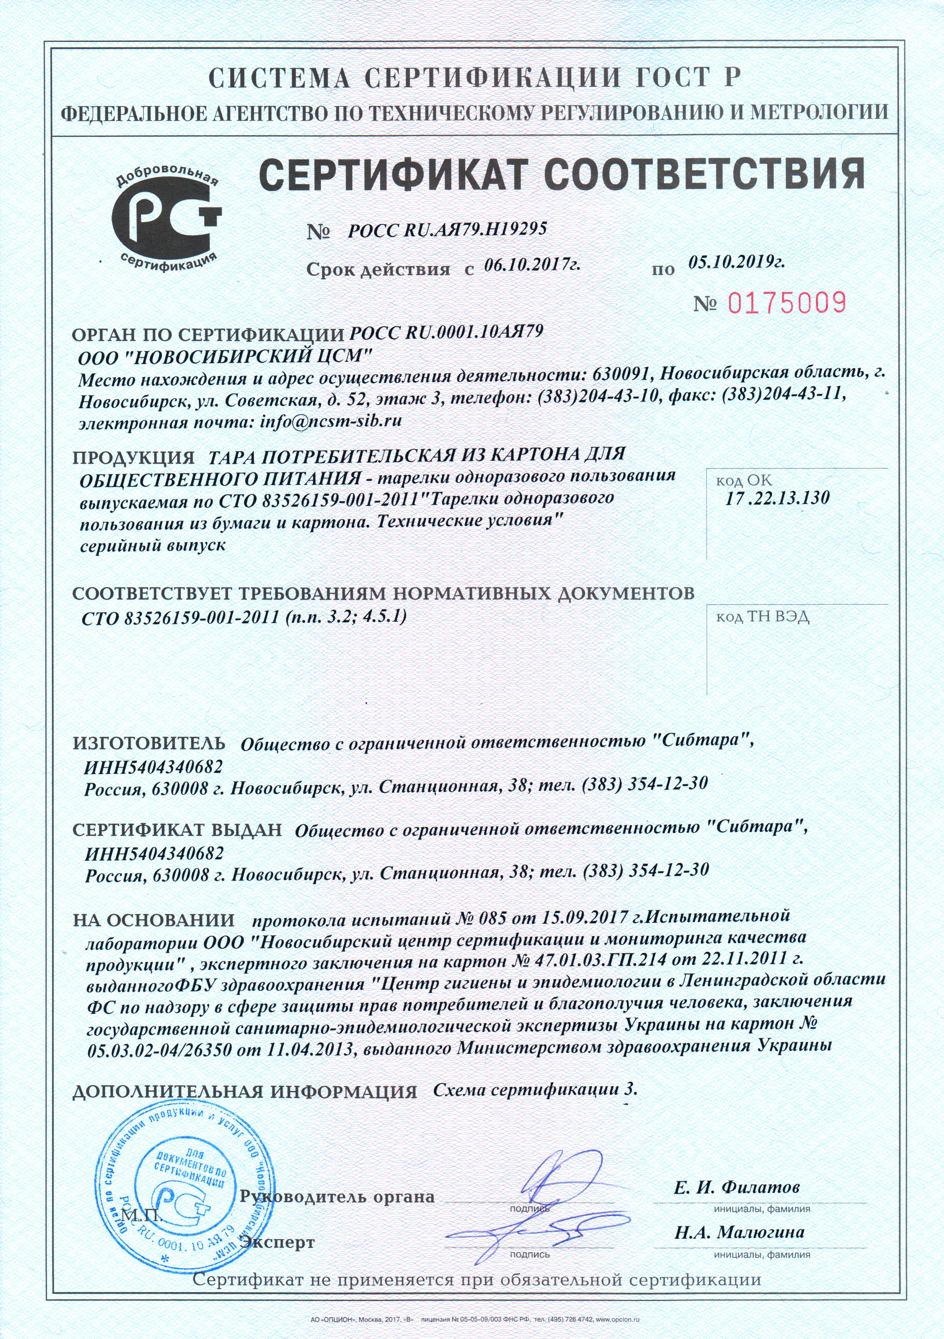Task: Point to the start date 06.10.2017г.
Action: click(532, 265)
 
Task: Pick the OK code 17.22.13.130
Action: click(778, 498)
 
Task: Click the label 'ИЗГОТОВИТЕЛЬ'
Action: click(149, 744)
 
